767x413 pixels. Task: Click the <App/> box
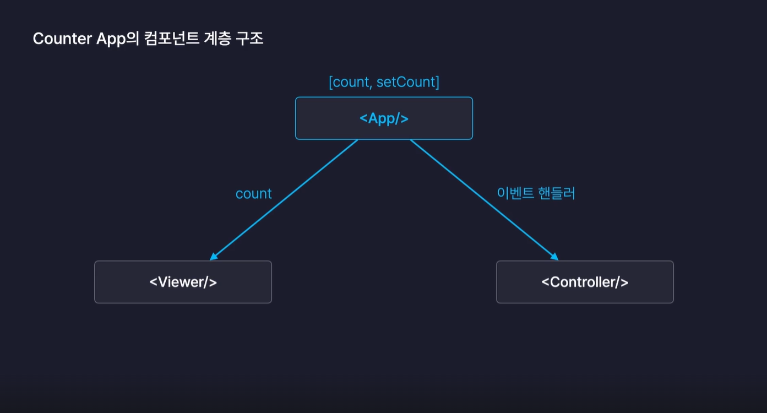point(384,118)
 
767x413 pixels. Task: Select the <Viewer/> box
point(183,282)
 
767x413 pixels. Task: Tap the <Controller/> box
point(585,282)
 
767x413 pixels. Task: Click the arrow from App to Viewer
point(284,199)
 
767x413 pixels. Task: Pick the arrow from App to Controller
point(485,199)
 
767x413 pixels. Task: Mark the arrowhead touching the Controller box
point(554,257)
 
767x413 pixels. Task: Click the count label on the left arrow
point(253,194)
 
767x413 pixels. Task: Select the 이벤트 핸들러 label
point(536,193)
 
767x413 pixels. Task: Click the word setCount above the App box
point(406,82)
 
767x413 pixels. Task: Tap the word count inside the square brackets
point(351,82)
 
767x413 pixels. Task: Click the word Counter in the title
point(58,39)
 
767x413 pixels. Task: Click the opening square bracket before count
point(330,82)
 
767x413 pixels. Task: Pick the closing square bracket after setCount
point(437,82)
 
